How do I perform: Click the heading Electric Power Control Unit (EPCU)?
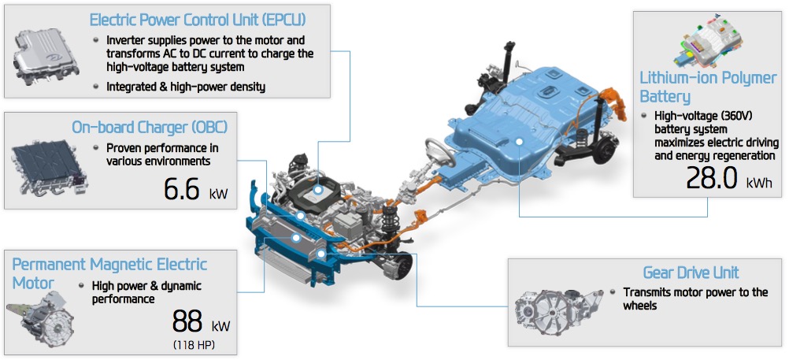pos(197,20)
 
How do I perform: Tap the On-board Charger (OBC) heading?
pos(150,127)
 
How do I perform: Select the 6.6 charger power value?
pos(182,189)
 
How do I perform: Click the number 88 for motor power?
pos(187,321)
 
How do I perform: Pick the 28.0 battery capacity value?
pos(712,178)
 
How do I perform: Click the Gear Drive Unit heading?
pos(691,273)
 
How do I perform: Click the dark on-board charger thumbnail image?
pos(50,169)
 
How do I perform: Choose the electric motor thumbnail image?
pos(41,319)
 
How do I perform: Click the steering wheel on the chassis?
pos(440,151)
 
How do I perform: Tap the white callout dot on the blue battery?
pos(519,143)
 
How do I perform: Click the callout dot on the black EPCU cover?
pos(318,191)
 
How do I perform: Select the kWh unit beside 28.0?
pos(759,183)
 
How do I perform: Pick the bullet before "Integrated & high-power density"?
pos(96,87)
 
